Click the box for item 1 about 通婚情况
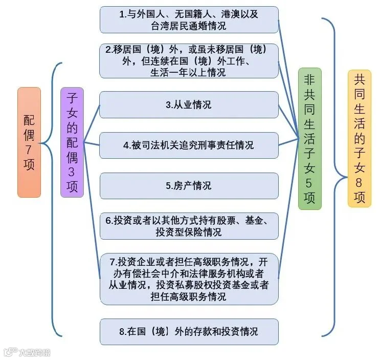pyautogui.click(x=189, y=20)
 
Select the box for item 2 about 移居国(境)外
pyautogui.click(x=189, y=61)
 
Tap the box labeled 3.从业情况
pyautogui.click(x=189, y=105)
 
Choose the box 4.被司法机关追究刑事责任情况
pyautogui.click(x=189, y=145)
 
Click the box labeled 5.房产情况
pyautogui.click(x=189, y=186)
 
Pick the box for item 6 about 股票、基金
pyautogui.click(x=189, y=226)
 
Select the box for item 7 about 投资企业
pyautogui.click(x=189, y=279)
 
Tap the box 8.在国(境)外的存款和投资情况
pyautogui.click(x=189, y=332)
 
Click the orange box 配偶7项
pyautogui.click(x=29, y=142)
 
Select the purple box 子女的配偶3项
pyautogui.click(x=72, y=142)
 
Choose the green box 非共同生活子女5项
pyautogui.click(x=310, y=139)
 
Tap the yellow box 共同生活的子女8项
pyautogui.click(x=360, y=138)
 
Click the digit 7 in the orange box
pyautogui.click(x=29, y=150)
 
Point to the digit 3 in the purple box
pyautogui.click(x=72, y=172)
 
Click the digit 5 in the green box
pyautogui.click(x=309, y=183)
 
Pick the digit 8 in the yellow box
pyautogui.click(x=359, y=182)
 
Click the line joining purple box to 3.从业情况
pyautogui.click(x=92, y=123)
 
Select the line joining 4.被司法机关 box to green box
pyautogui.click(x=288, y=142)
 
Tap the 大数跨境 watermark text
pyautogui.click(x=35, y=352)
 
